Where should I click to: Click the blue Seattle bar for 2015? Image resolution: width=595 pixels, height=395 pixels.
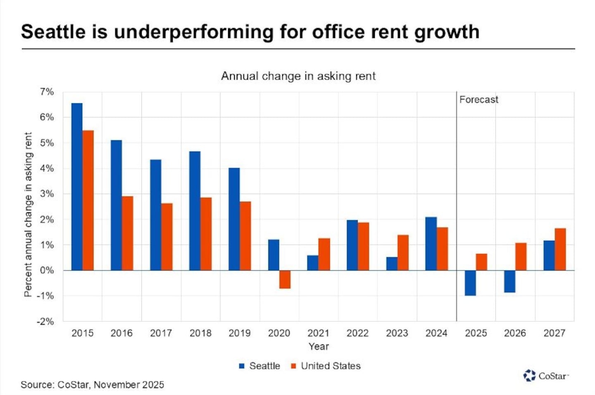(x=77, y=187)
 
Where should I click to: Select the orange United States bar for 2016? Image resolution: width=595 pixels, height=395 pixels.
(x=128, y=233)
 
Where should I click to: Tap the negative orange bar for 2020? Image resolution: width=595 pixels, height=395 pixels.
(x=285, y=279)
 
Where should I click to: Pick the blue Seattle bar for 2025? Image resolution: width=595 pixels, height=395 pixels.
(x=470, y=283)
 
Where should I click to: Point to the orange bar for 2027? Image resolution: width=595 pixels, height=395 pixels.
(x=560, y=249)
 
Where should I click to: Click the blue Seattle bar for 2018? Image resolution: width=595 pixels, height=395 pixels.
(x=195, y=211)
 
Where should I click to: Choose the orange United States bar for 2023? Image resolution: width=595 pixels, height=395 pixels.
(x=403, y=252)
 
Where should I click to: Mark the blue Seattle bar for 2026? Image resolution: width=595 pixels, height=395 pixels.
(x=509, y=281)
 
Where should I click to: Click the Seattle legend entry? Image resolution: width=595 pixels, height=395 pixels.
(x=260, y=366)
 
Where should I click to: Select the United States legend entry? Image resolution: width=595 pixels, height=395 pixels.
(x=326, y=366)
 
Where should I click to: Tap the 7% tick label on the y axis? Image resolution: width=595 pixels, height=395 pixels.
(x=47, y=92)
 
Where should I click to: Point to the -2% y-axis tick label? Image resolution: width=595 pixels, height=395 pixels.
(x=45, y=321)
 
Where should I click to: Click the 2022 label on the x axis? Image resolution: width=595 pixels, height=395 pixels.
(x=357, y=333)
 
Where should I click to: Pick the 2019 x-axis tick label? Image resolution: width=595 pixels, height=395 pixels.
(x=240, y=333)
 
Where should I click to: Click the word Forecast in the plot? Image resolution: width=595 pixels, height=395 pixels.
(x=478, y=100)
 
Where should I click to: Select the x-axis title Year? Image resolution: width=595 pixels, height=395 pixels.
(x=319, y=347)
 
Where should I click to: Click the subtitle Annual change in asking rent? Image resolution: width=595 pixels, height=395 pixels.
(x=298, y=76)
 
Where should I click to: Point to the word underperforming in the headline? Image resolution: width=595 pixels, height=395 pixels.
(x=193, y=32)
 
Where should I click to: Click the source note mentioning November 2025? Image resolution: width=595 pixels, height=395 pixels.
(x=93, y=385)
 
